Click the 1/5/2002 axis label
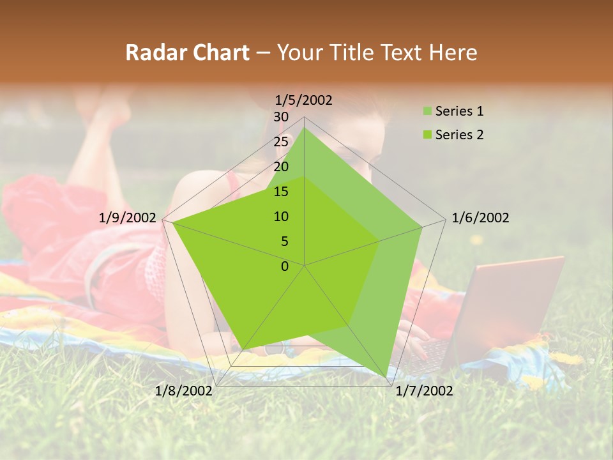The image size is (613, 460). [304, 100]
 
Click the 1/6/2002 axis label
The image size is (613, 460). [480, 218]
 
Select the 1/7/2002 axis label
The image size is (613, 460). [424, 390]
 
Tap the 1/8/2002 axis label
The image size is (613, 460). [184, 390]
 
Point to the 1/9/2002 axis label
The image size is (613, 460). [128, 218]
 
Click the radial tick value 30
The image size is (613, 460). [281, 117]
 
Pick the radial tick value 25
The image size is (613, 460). [281, 142]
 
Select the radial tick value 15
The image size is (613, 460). [281, 192]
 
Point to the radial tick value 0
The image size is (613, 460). [285, 266]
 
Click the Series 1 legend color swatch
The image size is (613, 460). [427, 112]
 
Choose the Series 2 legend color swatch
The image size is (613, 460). [427, 135]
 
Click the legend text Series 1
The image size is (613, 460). [459, 111]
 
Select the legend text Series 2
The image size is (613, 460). [459, 135]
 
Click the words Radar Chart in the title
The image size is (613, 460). [187, 53]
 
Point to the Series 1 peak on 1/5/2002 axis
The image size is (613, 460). [304, 128]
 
